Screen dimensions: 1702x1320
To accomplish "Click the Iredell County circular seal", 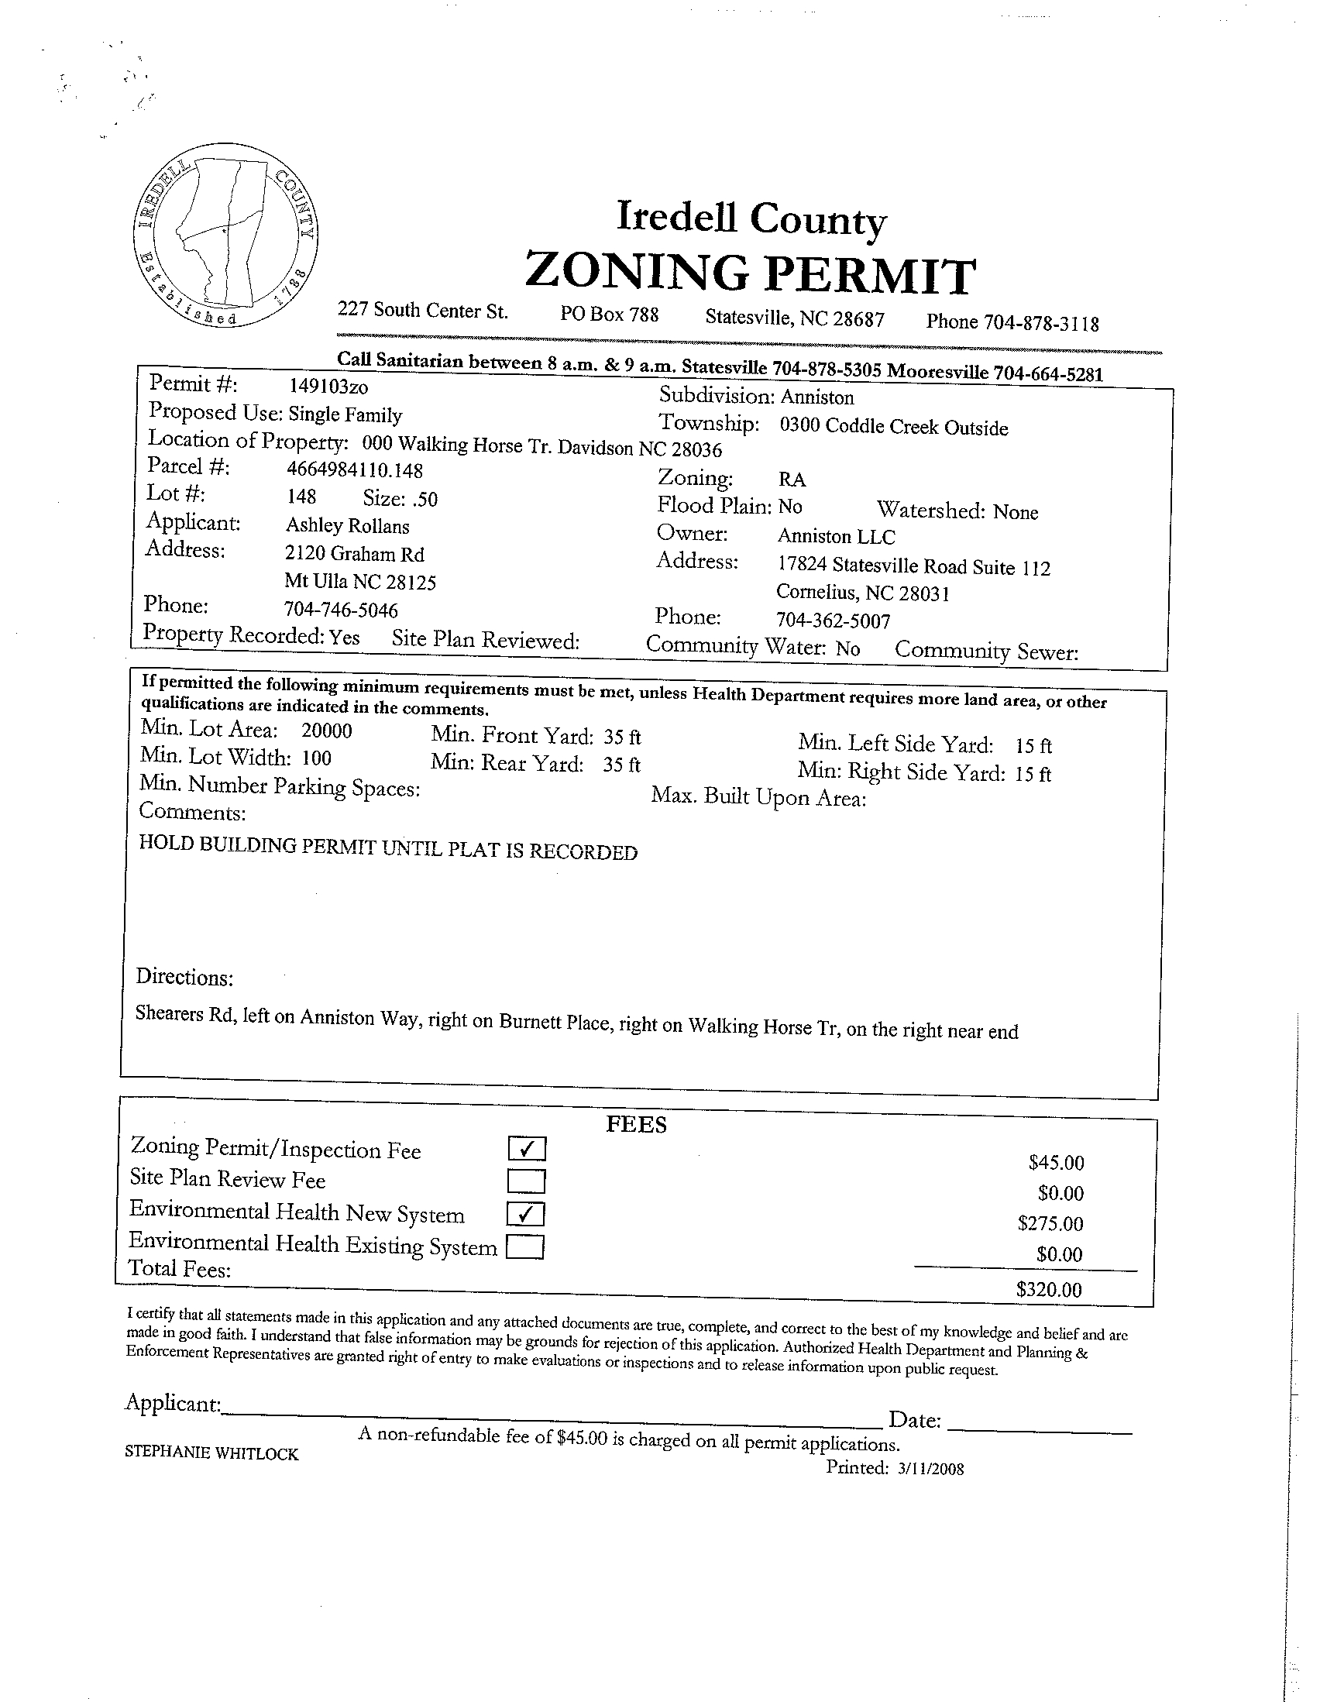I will (226, 236).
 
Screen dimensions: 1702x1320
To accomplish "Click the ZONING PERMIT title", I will (750, 273).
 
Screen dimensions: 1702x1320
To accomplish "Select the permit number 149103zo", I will (328, 387).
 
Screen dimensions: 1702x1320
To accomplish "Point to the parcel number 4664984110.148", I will (355, 469).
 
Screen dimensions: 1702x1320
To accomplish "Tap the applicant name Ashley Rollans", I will (348, 526).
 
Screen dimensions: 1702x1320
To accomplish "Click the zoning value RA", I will (792, 480).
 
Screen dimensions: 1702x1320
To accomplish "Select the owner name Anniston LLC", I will (836, 537).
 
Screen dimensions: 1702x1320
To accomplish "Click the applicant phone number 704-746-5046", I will (342, 610).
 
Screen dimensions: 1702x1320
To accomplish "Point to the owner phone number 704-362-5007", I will (833, 621).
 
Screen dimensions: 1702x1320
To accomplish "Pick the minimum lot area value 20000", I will (326, 731).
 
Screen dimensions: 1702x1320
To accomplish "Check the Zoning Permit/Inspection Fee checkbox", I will (527, 1149).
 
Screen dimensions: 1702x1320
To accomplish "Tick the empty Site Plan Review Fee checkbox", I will (526, 1181).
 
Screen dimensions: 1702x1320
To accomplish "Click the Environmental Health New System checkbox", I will (526, 1214).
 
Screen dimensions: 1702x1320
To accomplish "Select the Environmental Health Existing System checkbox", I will (525, 1248).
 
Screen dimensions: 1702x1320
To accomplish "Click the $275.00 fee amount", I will (1050, 1223).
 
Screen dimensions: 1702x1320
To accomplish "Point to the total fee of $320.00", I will (1049, 1290).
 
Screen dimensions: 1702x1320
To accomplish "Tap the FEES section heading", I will (636, 1125).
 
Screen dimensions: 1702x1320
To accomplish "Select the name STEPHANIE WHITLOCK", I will (211, 1453).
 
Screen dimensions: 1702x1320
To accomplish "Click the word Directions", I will (184, 977).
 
